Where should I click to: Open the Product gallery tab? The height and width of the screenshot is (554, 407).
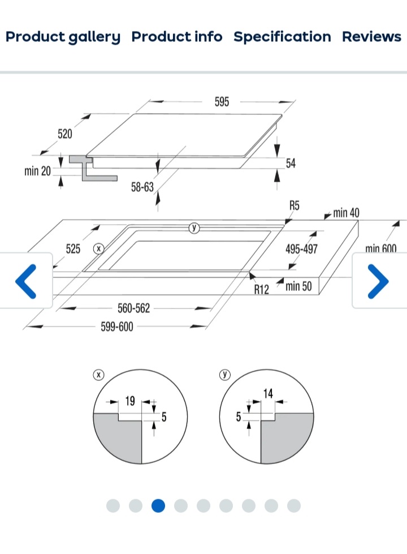click(x=63, y=37)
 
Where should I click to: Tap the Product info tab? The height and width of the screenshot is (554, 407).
click(x=177, y=37)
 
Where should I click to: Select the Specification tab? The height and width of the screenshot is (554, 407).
click(x=282, y=37)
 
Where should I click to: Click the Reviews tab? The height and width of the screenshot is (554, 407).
click(x=371, y=37)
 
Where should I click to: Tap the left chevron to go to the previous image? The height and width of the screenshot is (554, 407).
click(x=26, y=281)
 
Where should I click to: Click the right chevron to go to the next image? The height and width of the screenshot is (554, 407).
click(x=378, y=281)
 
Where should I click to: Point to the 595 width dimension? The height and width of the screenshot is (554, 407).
click(x=222, y=102)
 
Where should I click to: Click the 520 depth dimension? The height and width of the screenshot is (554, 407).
click(x=65, y=134)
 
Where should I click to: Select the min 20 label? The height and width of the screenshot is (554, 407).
click(x=37, y=171)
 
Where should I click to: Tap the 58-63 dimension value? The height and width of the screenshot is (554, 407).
click(x=142, y=187)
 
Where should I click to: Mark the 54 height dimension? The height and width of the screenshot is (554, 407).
click(x=291, y=164)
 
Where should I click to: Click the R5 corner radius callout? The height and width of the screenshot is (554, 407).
click(x=294, y=205)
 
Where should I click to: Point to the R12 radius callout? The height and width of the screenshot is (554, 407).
click(x=261, y=290)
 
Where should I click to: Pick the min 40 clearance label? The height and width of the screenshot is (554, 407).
click(x=346, y=213)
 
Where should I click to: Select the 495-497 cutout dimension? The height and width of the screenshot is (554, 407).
click(x=301, y=249)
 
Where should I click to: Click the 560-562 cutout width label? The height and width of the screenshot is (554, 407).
click(x=134, y=308)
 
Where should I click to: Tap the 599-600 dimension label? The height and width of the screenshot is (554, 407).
click(x=117, y=327)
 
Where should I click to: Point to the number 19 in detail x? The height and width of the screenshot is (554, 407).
click(x=130, y=401)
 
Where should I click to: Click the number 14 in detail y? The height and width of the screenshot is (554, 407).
click(x=268, y=393)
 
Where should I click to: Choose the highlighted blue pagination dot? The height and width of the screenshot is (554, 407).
click(x=158, y=505)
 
